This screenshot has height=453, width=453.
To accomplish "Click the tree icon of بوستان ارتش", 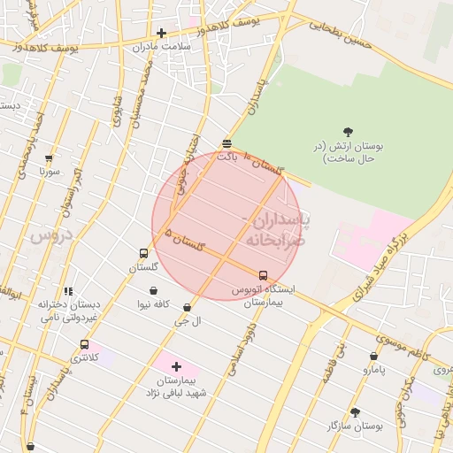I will click(347, 131).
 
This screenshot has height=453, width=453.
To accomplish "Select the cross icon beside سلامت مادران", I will click(161, 33).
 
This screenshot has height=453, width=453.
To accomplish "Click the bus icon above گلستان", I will click(144, 254).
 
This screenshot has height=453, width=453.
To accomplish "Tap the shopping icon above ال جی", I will click(187, 307).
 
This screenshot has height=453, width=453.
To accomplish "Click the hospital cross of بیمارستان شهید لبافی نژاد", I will click(176, 365).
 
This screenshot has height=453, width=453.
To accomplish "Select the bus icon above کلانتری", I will click(84, 344).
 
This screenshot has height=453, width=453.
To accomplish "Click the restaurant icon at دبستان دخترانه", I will click(68, 291).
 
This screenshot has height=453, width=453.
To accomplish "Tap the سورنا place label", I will click(49, 172).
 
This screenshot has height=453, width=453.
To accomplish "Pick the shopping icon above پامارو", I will click(374, 356).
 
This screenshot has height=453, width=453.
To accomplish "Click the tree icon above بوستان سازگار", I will click(355, 412).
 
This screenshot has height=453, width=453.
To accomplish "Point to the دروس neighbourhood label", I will click(49, 236).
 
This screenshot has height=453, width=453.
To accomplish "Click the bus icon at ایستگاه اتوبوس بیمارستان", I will click(263, 275).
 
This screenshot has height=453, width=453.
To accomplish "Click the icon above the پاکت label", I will click(227, 142).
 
